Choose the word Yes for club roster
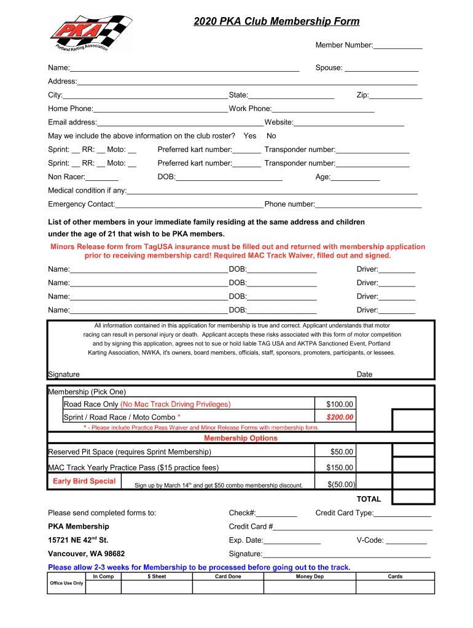pos(250,136)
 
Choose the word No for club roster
pos(272,136)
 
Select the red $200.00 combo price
pos(340,418)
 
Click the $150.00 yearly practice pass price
pos(340,468)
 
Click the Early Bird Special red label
pos(84,481)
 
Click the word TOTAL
pos(369,499)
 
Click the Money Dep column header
pos(310,576)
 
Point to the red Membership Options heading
pos(241,438)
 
